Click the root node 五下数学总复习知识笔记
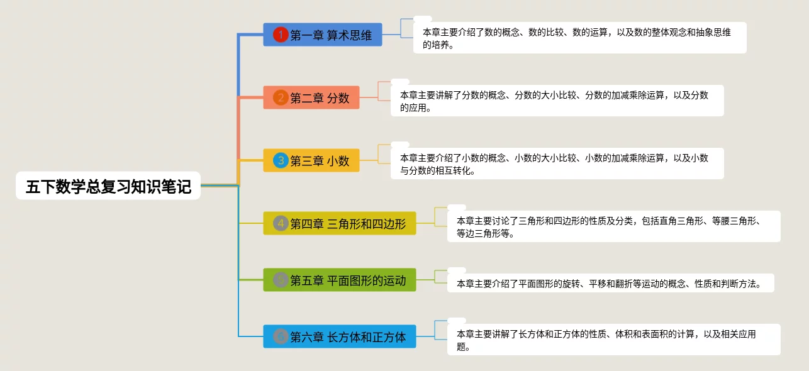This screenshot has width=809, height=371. (108, 186)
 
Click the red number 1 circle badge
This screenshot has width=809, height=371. (281, 35)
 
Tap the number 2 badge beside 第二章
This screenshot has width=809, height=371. (281, 97)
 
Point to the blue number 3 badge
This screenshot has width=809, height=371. (281, 160)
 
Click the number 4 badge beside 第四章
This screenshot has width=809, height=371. (281, 223)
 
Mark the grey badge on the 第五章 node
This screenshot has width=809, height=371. (281, 280)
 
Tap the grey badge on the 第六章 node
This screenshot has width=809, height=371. (281, 336)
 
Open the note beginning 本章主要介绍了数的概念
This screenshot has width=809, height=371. (579, 38)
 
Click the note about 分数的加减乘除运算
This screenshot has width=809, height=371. (556, 101)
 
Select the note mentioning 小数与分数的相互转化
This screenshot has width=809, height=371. (556, 163)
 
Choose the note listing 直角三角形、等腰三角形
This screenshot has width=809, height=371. (613, 226)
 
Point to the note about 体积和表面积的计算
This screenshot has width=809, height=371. (613, 340)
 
